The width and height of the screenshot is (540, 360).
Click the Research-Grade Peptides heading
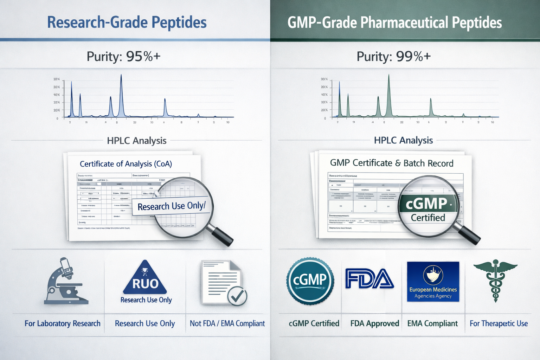click(127, 22)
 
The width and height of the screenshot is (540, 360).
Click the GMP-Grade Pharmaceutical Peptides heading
click(394, 22)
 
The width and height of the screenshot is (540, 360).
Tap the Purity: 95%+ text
click(123, 56)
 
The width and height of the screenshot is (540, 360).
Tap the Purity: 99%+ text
click(393, 56)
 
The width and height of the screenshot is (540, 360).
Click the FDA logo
click(369, 278)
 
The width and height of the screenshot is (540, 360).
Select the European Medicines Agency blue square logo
click(433, 281)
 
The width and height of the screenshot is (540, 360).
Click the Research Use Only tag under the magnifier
click(171, 206)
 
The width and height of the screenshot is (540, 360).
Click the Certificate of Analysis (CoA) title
click(126, 164)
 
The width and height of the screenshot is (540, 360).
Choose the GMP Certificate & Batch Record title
click(392, 163)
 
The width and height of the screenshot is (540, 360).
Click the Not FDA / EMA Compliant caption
click(227, 323)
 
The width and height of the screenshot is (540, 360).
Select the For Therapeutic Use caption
click(499, 323)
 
